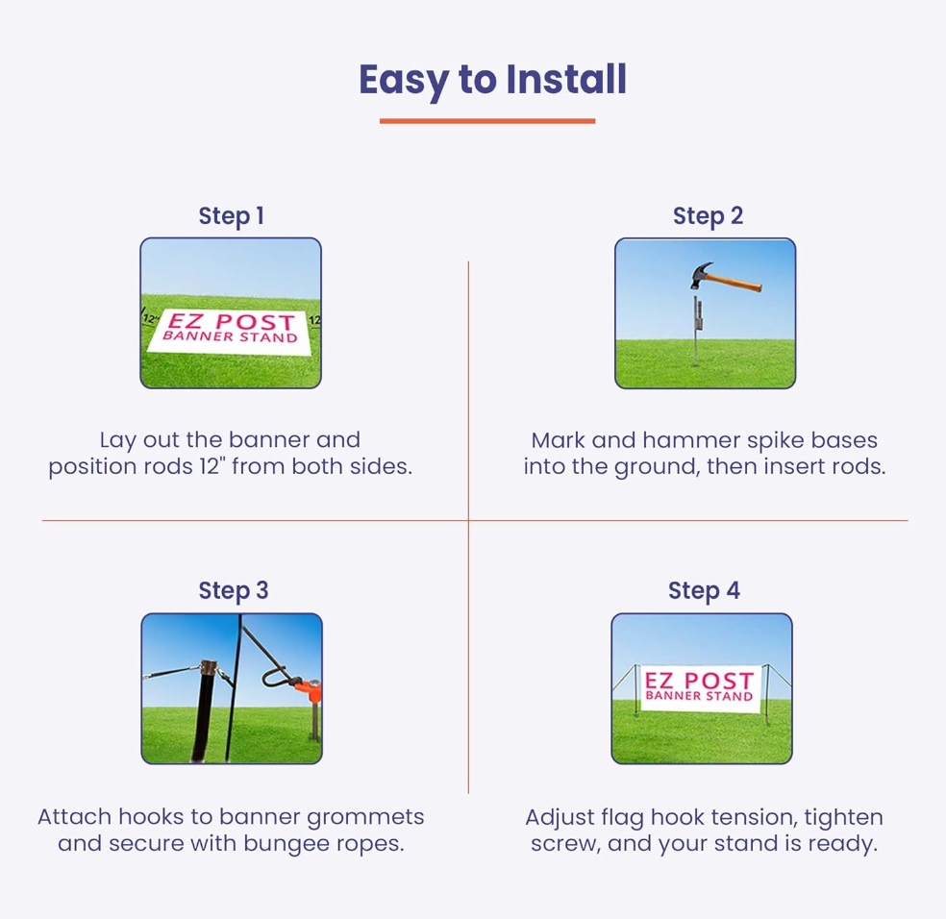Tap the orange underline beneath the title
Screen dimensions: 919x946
pos(487,121)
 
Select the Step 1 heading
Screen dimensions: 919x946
pos(231,216)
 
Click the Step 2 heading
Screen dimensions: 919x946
pos(708,216)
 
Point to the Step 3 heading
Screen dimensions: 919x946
pos(234,590)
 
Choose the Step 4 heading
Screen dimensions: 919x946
pos(704,590)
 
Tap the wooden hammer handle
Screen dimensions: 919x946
pos(737,281)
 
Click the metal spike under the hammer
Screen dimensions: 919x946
pos(696,332)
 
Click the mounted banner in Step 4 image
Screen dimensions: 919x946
pos(699,686)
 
